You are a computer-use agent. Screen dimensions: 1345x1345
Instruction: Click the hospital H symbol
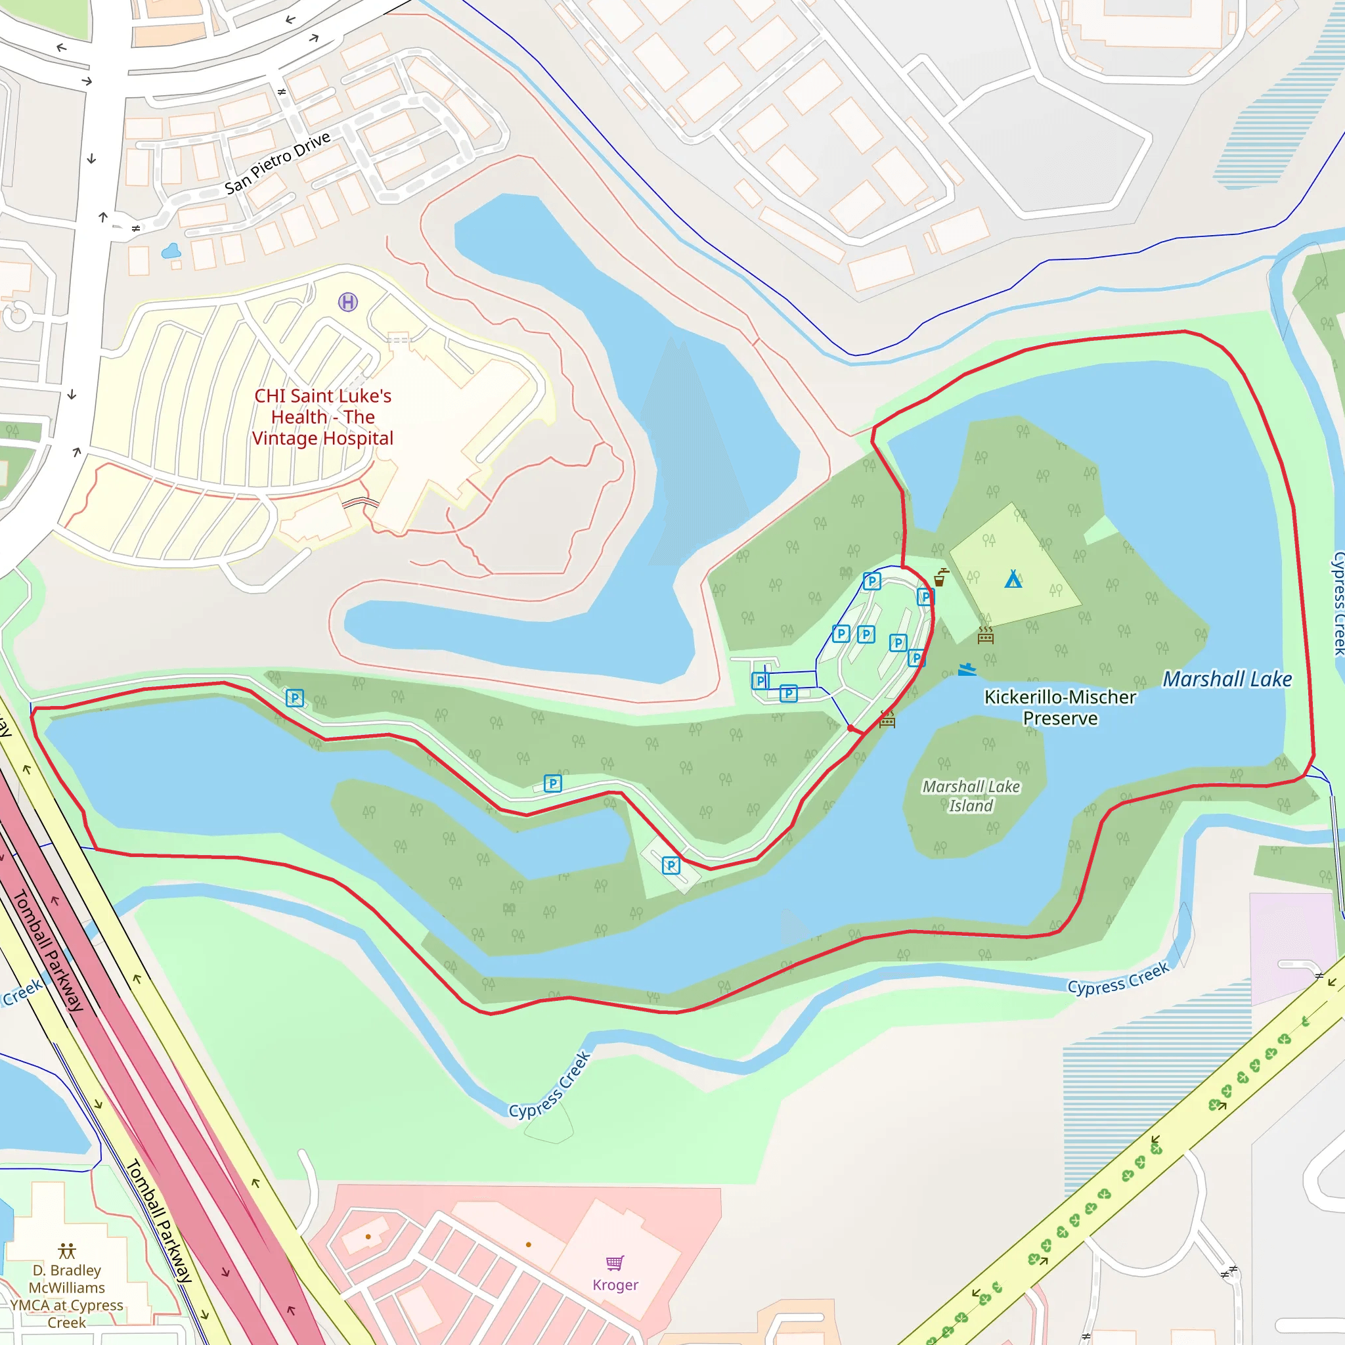(x=348, y=301)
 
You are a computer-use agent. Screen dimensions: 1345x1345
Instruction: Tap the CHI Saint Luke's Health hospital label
(x=322, y=417)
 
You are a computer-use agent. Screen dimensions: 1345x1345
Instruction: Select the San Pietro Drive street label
(x=277, y=163)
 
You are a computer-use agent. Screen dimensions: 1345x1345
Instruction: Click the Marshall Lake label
(x=1227, y=679)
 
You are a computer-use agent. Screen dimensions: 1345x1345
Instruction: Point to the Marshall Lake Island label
(x=971, y=796)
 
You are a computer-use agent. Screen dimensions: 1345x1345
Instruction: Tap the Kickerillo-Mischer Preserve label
(x=1059, y=707)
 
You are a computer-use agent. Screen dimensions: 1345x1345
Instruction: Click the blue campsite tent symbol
(x=1013, y=579)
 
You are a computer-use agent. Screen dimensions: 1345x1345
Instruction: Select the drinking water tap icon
(x=940, y=577)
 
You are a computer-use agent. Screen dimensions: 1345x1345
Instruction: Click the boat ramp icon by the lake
(x=966, y=670)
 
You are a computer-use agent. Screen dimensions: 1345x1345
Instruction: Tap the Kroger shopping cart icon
(x=615, y=1263)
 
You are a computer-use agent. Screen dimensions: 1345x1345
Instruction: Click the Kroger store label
(x=615, y=1285)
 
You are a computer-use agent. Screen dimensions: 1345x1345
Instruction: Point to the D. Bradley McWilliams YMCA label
(x=67, y=1296)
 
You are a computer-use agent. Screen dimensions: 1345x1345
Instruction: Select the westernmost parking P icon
(x=294, y=697)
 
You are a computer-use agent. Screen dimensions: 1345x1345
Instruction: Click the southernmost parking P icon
(x=671, y=866)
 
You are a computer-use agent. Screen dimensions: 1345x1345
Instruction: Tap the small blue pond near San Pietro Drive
(x=171, y=251)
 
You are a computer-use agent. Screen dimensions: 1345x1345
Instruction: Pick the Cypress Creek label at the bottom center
(x=549, y=1086)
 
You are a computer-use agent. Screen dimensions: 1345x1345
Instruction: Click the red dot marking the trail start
(x=850, y=728)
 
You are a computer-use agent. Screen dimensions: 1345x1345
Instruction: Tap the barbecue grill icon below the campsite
(x=985, y=634)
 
